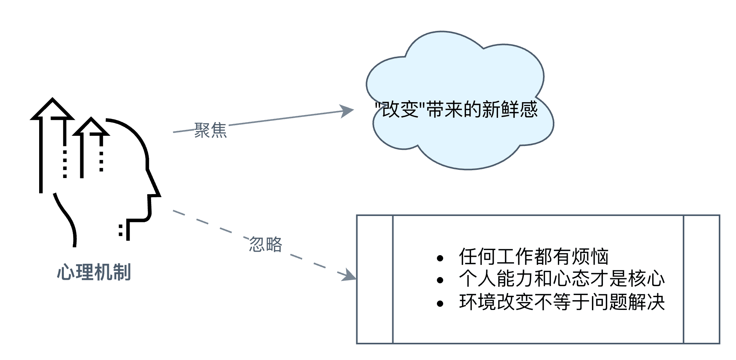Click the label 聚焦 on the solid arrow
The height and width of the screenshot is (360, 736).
point(211,130)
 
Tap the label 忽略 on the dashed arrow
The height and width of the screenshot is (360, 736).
point(266,245)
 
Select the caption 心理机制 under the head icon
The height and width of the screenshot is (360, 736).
point(94,272)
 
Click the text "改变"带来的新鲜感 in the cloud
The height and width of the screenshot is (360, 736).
point(456,110)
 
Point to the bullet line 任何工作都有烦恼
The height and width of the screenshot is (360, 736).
point(534,257)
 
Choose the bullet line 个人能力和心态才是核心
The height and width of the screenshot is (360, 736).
point(562,279)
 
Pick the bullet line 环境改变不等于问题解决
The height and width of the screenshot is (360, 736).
point(562,302)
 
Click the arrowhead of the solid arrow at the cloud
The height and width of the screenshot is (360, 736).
point(348,110)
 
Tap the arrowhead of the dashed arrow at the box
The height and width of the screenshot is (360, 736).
point(350,276)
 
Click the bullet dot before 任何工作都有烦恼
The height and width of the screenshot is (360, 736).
point(440,258)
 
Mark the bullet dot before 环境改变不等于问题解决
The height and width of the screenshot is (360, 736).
point(440,303)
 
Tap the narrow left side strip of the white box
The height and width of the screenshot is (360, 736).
point(375,279)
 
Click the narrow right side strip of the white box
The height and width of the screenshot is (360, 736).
point(701,279)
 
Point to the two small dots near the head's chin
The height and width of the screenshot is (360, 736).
point(121,230)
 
